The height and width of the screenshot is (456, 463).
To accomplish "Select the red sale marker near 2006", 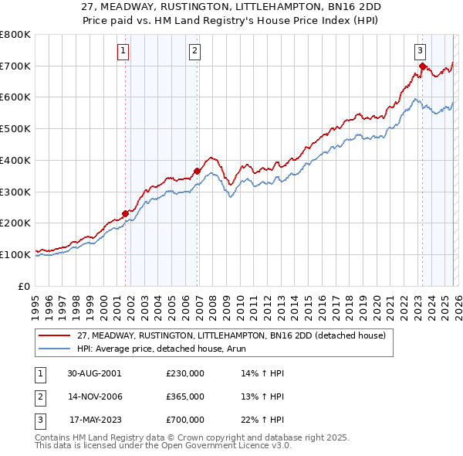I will (x=197, y=171).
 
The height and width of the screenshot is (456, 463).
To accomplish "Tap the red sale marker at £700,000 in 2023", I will (x=422, y=66).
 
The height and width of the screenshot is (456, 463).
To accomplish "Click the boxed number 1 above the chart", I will (x=123, y=52).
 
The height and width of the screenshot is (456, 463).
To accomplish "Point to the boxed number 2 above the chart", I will (x=194, y=52).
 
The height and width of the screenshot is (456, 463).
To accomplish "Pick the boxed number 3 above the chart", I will (x=421, y=52).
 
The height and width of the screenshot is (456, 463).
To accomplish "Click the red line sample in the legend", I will (x=56, y=335).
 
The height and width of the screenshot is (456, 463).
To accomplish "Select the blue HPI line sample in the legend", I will (x=56, y=349).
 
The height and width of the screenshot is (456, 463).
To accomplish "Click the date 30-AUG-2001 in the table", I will (x=94, y=373).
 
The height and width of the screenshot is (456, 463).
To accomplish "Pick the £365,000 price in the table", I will (x=185, y=396).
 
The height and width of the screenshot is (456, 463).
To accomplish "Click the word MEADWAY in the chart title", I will (x=137, y=6).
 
